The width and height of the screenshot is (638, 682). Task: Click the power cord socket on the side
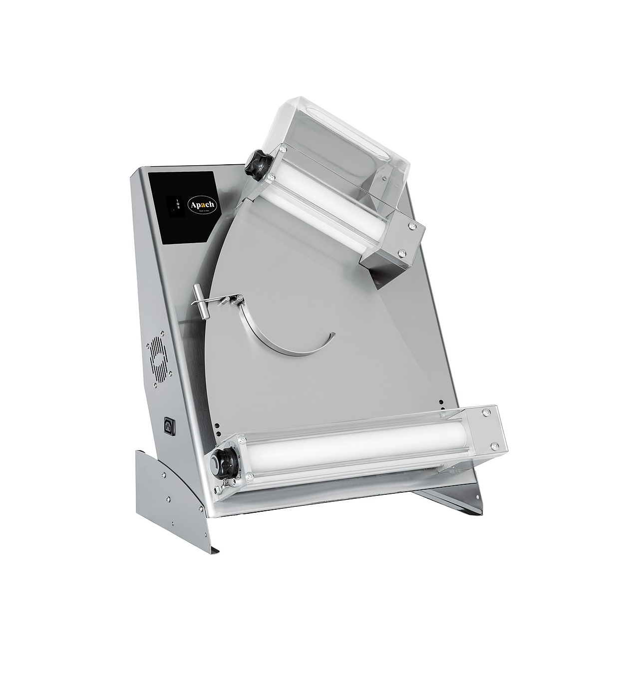click(x=168, y=425)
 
